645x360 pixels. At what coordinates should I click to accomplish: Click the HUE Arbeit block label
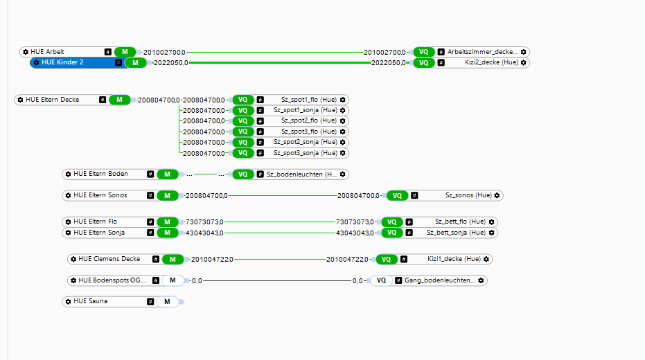pos(47,52)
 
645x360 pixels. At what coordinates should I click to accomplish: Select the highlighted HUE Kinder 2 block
pos(62,62)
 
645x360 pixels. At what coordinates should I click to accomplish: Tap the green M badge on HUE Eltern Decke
pos(119,100)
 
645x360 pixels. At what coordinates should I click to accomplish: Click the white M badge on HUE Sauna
pos(167,302)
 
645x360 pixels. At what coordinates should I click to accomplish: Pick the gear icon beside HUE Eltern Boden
pos(68,174)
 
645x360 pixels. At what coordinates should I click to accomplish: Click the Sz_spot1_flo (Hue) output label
pos(308,100)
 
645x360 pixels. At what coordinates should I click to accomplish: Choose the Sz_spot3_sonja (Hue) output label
pos(306,153)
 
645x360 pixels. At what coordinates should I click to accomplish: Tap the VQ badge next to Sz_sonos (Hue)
pos(397,195)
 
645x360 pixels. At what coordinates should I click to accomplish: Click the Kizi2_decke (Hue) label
pos(491,62)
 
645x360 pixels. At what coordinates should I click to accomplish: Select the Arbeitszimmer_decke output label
pos(481,52)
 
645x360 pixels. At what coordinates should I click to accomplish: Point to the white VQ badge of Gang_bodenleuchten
pos(381,280)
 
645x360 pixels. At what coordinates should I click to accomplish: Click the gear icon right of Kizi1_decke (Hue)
pos(486,259)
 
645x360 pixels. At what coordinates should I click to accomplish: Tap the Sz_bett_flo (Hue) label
pos(460,222)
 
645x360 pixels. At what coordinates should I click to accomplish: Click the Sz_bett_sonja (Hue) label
pos(457,233)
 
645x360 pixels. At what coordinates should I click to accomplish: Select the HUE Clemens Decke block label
pos(109,259)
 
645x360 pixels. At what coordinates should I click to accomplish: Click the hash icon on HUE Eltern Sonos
pos(150,195)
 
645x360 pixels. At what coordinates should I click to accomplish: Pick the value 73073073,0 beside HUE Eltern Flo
pos(204,222)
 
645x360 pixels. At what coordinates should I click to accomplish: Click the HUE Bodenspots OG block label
pos(112,280)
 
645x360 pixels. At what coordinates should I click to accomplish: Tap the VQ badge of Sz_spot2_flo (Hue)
pos(242,121)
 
